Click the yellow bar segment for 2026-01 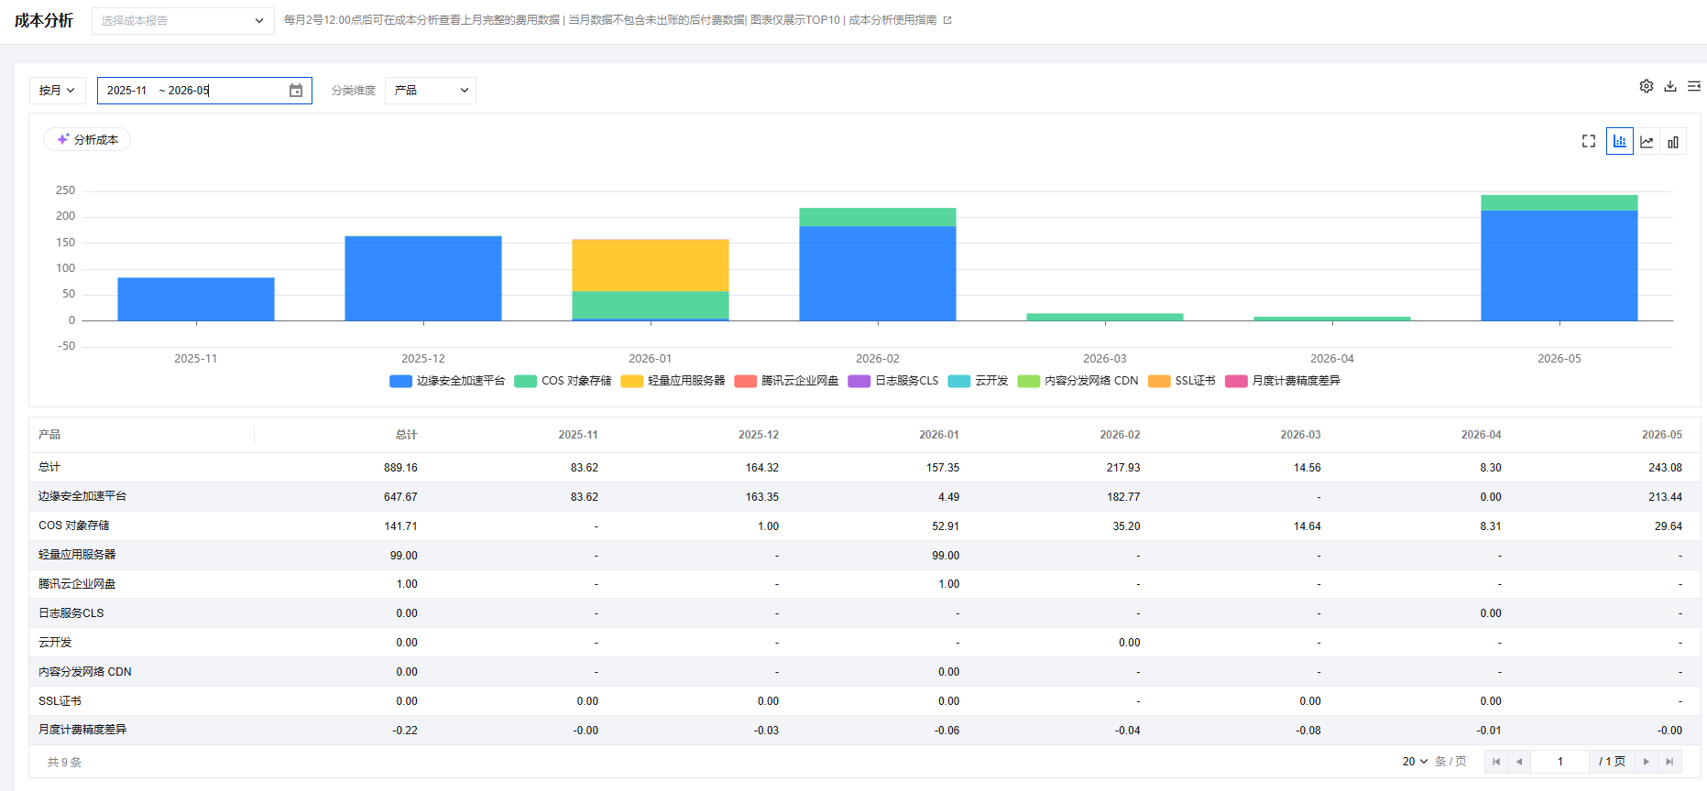[651, 265]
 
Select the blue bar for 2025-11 [196, 299]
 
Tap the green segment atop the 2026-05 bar [1559, 203]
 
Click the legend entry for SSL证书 [1182, 381]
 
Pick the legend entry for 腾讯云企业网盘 [786, 381]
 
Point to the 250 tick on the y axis [66, 190]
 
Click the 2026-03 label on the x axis [1105, 359]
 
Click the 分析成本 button [87, 139]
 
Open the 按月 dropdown [58, 91]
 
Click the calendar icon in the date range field [296, 91]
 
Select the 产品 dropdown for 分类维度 [431, 91]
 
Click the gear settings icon [1647, 86]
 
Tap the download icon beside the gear [1670, 86]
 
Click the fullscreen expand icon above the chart [1589, 141]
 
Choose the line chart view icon [1647, 142]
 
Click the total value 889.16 [400, 468]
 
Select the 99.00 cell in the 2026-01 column [946, 556]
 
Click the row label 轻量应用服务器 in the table [77, 555]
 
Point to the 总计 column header [407, 435]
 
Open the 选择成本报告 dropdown [183, 21]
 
